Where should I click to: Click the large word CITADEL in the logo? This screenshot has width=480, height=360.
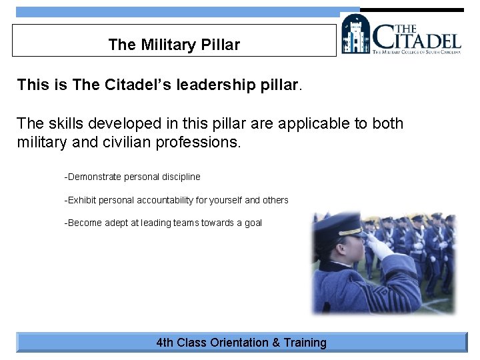416,38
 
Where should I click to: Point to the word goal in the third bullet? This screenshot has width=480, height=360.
253,223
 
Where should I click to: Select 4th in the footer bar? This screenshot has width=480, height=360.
165,343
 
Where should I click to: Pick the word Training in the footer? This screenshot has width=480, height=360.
305,343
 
